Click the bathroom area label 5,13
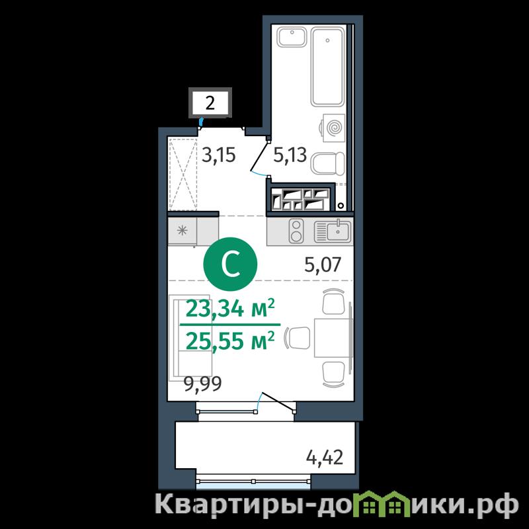pyautogui.click(x=290, y=155)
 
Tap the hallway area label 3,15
pyautogui.click(x=218, y=155)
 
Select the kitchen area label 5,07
pyautogui.click(x=323, y=264)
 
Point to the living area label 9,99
pyautogui.click(x=203, y=384)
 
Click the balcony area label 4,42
pyautogui.click(x=324, y=458)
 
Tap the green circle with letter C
pyautogui.click(x=230, y=264)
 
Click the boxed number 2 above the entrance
pyautogui.click(x=210, y=102)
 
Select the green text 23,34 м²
pyautogui.click(x=230, y=308)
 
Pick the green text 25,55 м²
pyautogui.click(x=229, y=341)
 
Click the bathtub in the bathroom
pyautogui.click(x=327, y=67)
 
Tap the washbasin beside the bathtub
pyautogui.click(x=292, y=37)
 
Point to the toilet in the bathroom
pyautogui.click(x=327, y=163)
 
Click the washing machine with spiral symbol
pyautogui.click(x=333, y=128)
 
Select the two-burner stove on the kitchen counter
pyautogui.click(x=296, y=231)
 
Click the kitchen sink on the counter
pyautogui.click(x=333, y=231)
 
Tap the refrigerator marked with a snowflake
pyautogui.click(x=183, y=231)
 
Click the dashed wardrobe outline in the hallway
pyautogui.click(x=183, y=174)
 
